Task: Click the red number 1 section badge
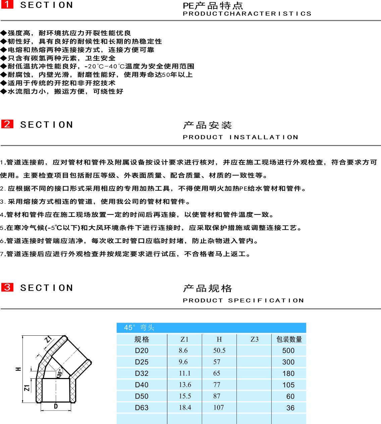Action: click(x=7, y=4)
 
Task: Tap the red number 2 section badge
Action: click(x=7, y=124)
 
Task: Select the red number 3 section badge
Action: click(x=7, y=287)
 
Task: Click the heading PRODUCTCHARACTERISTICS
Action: click(x=247, y=14)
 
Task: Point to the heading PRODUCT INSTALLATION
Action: click(x=240, y=137)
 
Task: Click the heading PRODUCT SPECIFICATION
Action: click(x=243, y=300)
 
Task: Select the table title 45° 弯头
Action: click(x=139, y=328)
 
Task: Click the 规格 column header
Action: click(x=142, y=339)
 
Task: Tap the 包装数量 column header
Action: click(x=289, y=339)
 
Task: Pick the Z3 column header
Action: click(x=255, y=339)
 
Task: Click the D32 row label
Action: click(x=142, y=374)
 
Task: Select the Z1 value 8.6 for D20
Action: click(x=183, y=350)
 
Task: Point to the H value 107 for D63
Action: click(x=219, y=408)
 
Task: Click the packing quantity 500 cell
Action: click(x=288, y=351)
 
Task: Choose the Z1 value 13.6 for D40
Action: click(x=185, y=385)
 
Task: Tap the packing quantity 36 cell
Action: click(x=290, y=408)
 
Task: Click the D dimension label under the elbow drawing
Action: click(x=56, y=406)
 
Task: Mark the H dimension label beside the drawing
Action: click(x=18, y=369)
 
